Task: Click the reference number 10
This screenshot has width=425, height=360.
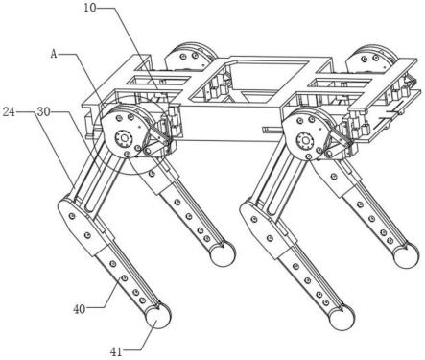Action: (90, 8)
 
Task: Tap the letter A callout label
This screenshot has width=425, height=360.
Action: (54, 54)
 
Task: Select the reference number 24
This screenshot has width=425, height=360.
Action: (9, 112)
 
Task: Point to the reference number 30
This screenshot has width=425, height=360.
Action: (43, 112)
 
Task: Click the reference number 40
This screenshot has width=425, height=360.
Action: (80, 309)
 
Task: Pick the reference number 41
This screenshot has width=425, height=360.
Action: (116, 352)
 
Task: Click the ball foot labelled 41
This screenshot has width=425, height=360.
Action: (157, 316)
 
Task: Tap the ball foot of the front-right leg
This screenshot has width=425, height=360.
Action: (342, 318)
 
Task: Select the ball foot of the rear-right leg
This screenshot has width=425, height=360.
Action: (406, 255)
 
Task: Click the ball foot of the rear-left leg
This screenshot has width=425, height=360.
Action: (223, 253)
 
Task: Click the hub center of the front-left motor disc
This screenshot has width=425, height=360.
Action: (124, 139)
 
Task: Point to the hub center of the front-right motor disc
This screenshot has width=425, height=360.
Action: (304, 140)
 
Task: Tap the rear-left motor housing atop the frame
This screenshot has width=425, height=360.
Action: (191, 57)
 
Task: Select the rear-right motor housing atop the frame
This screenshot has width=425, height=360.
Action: (373, 59)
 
